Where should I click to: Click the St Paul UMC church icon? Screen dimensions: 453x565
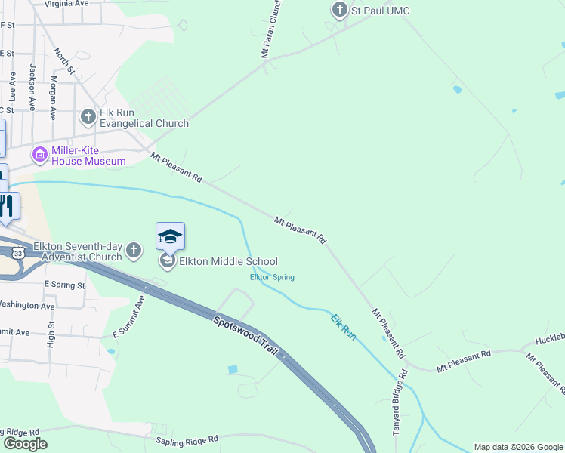click(x=340, y=10)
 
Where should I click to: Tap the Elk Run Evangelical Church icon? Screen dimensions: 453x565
click(x=88, y=116)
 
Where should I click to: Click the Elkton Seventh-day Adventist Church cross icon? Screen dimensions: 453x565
click(x=134, y=250)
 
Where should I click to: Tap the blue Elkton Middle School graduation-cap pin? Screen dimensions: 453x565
click(x=170, y=236)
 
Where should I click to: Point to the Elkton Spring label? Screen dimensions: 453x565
click(x=272, y=277)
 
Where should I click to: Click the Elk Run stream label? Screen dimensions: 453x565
click(x=344, y=325)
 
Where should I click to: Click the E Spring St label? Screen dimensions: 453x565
click(x=64, y=285)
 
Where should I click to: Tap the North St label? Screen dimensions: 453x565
click(x=64, y=62)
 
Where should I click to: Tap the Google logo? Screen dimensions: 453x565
click(x=25, y=444)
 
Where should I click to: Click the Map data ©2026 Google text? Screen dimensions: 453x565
click(x=517, y=447)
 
